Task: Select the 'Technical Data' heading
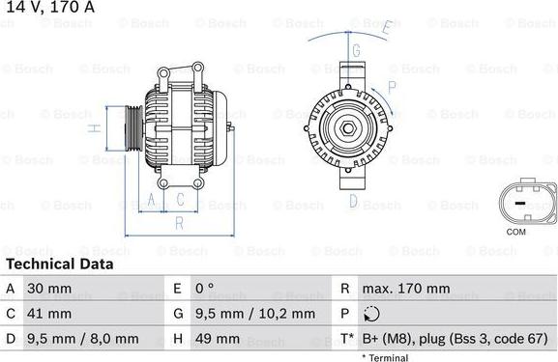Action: point(59,264)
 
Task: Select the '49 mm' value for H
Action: point(220,339)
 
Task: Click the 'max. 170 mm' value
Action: point(407,289)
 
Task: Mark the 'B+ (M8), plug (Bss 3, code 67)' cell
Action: point(455,339)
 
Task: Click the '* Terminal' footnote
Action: point(386,357)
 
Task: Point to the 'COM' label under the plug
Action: point(517,233)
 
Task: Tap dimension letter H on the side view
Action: point(93,126)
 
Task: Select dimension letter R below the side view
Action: point(179,223)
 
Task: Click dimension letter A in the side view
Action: point(152,201)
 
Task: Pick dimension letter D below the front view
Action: point(355,202)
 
